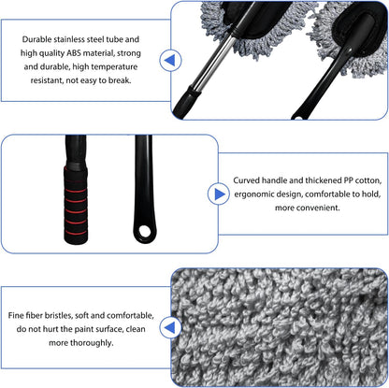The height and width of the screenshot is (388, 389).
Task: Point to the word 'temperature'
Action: tap(114, 66)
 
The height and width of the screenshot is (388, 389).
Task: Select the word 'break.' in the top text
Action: tap(120, 80)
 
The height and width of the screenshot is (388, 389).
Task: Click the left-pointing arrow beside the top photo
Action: tap(170, 60)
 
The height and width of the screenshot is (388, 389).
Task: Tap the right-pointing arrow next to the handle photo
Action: tap(219, 194)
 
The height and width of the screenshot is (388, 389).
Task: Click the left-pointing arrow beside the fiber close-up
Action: tap(170, 327)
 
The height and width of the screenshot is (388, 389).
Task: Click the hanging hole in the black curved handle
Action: tap(144, 231)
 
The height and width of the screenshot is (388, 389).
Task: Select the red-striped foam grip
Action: tap(76, 205)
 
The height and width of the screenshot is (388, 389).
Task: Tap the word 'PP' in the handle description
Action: tap(348, 180)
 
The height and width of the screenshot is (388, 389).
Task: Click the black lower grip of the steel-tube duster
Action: tap(186, 101)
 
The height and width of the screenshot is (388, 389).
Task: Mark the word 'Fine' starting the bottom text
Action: tap(16, 315)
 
